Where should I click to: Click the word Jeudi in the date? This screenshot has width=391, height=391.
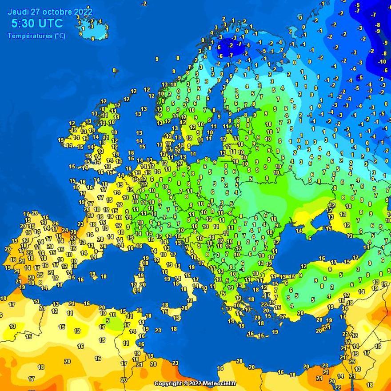point(17,12)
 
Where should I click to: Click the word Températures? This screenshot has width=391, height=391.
point(29,36)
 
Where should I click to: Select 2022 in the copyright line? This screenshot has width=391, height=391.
point(195,383)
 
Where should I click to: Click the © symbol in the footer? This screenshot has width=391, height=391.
point(186,383)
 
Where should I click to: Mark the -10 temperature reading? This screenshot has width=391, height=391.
point(382,62)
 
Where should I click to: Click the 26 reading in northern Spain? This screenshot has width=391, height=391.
point(56,224)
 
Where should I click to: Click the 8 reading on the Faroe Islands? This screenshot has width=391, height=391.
point(114,70)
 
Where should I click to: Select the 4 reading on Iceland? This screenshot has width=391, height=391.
point(100,21)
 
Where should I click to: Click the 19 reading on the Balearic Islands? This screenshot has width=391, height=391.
point(92,274)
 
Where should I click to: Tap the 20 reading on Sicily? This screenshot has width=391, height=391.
point(184,307)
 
